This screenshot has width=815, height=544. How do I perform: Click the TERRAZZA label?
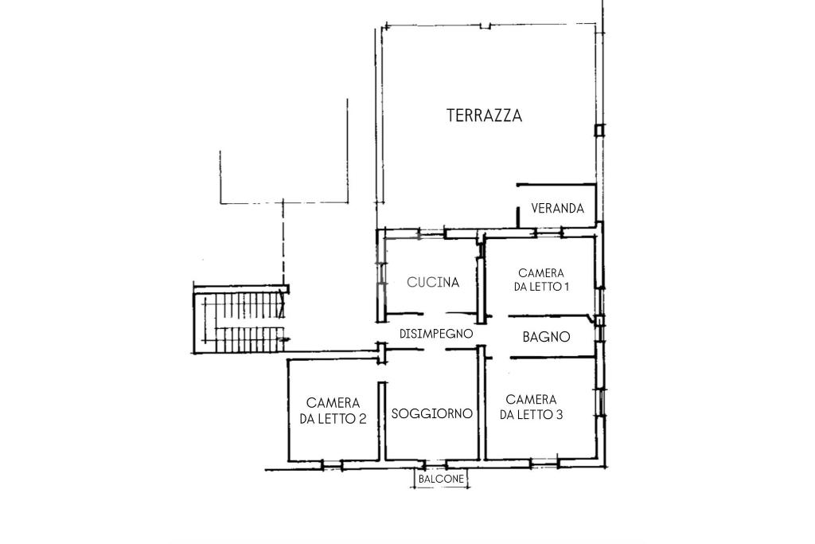485,115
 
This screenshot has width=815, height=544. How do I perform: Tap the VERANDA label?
558,209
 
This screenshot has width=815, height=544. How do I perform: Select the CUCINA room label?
433,283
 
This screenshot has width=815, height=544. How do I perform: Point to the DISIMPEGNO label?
436,334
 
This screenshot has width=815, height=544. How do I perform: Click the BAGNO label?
546,337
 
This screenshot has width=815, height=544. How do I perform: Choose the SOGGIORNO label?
432,413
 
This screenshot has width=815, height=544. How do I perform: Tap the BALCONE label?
441,479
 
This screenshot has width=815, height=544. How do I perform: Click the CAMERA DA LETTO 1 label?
541,280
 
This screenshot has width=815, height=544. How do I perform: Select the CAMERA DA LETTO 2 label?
333,411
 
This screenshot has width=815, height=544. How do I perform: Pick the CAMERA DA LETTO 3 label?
531,407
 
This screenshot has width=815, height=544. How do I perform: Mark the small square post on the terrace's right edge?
600,130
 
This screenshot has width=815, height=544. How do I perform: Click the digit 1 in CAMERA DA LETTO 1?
564,287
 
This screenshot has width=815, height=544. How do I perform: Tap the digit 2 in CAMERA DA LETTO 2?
362,419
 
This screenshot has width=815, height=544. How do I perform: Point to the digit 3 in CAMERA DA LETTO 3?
559,414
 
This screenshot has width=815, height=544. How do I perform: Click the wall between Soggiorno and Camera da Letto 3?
482,404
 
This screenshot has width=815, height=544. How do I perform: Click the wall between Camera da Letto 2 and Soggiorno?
382,421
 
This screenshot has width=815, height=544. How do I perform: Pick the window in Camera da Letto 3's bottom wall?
544,462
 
